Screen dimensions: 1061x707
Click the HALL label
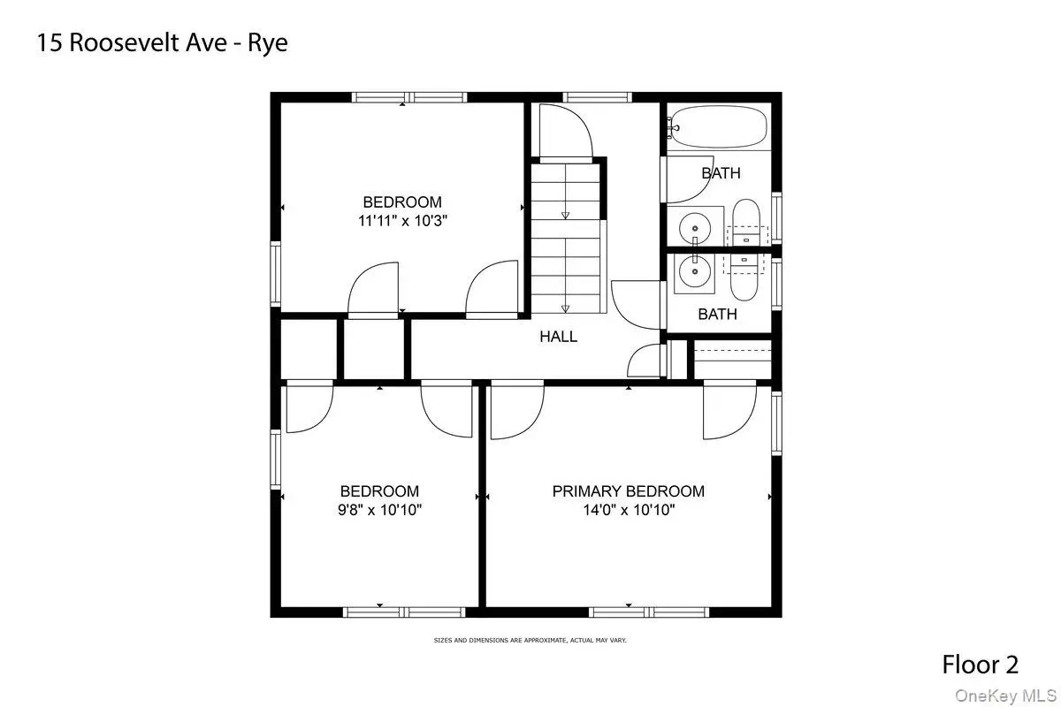click(559, 337)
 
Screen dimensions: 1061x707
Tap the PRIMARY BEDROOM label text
click(628, 491)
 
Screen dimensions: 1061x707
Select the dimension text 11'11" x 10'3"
click(402, 221)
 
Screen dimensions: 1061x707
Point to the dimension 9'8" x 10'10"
click(379, 510)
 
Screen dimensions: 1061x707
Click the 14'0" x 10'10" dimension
click(629, 510)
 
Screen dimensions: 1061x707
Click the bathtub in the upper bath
click(718, 126)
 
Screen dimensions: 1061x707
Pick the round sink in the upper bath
click(695, 228)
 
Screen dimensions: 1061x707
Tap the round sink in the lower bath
click(695, 271)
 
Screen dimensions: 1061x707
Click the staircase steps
click(566, 239)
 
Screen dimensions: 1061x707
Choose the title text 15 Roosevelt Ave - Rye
click(162, 43)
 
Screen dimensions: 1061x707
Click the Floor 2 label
click(980, 665)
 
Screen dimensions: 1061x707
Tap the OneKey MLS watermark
click(1005, 696)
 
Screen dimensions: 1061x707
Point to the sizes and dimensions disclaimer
click(530, 640)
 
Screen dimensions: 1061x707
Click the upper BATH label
click(721, 173)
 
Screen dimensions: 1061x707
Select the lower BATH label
click(718, 314)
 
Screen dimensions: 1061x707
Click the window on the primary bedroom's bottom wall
click(649, 612)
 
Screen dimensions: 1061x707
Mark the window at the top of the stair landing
click(597, 97)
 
